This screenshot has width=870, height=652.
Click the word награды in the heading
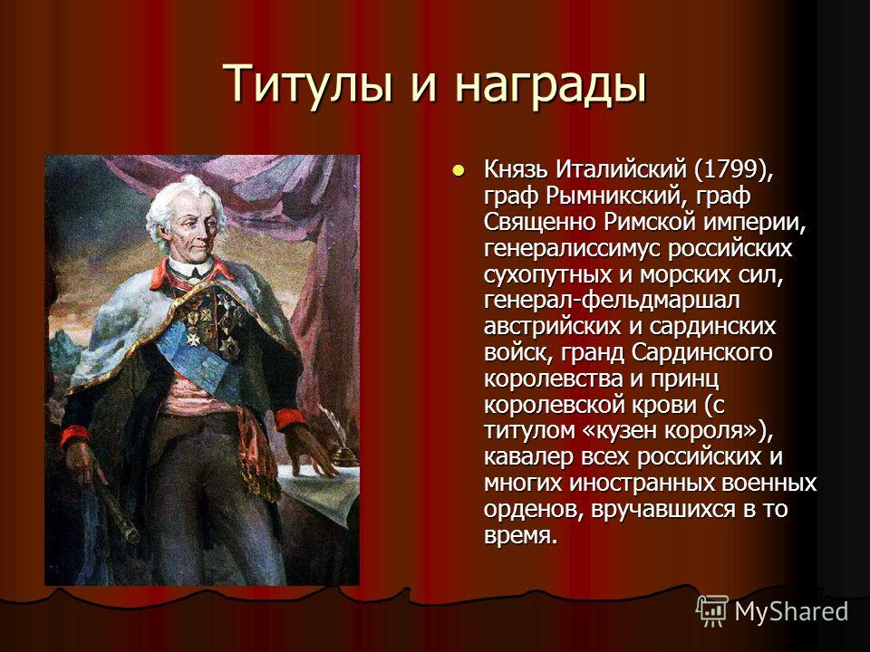click(551, 84)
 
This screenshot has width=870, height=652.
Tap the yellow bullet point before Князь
click(458, 171)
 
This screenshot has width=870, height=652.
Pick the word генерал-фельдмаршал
click(612, 301)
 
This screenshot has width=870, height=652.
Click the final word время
click(519, 537)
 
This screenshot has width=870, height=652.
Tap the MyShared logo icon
click(712, 611)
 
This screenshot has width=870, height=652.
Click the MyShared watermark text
click(791, 611)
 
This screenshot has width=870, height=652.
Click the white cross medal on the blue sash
click(193, 337)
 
